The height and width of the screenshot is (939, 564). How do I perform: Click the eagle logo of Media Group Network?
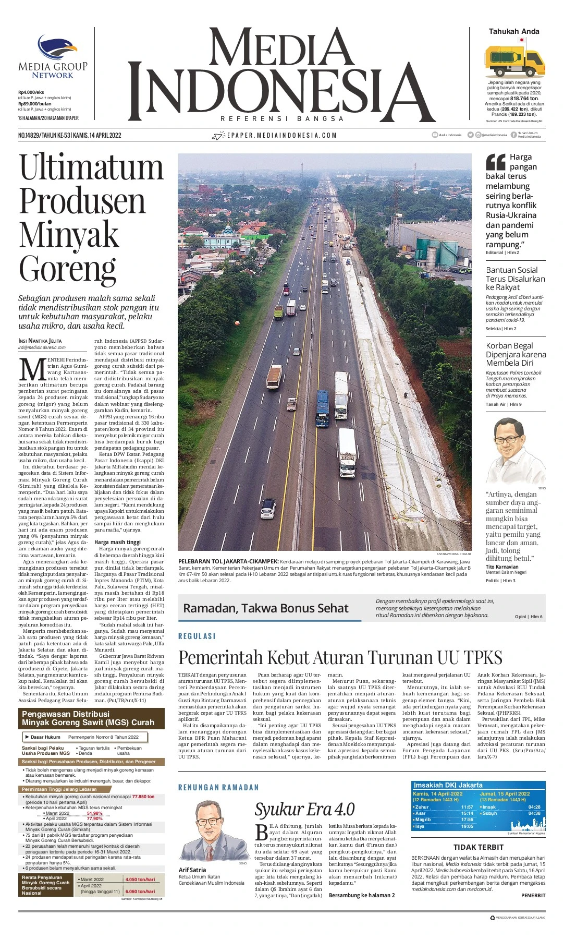pyautogui.click(x=57, y=47)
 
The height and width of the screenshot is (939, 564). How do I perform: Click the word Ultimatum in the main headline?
pyautogui.click(x=91, y=168)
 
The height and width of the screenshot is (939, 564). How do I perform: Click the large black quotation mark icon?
pyautogui.click(x=495, y=162)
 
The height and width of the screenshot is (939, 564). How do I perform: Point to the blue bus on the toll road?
pyautogui.click(x=322, y=408)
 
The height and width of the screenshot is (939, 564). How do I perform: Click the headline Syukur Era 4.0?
pyautogui.click(x=304, y=809)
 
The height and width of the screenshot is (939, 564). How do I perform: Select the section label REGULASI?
pyautogui.click(x=197, y=636)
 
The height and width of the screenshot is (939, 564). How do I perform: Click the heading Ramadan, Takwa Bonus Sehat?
pyautogui.click(x=265, y=608)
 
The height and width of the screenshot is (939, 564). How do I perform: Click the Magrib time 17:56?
pyautogui.click(x=467, y=820)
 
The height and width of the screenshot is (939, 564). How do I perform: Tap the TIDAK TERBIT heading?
pyautogui.click(x=478, y=847)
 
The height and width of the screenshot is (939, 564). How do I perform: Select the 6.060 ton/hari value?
pyautogui.click(x=140, y=892)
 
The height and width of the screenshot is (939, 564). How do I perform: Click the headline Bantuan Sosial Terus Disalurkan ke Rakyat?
pyautogui.click(x=515, y=279)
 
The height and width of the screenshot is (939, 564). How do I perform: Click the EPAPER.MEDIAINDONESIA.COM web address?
pyautogui.click(x=281, y=136)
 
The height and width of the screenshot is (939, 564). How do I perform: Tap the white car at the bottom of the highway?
pyautogui.click(x=267, y=509)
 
